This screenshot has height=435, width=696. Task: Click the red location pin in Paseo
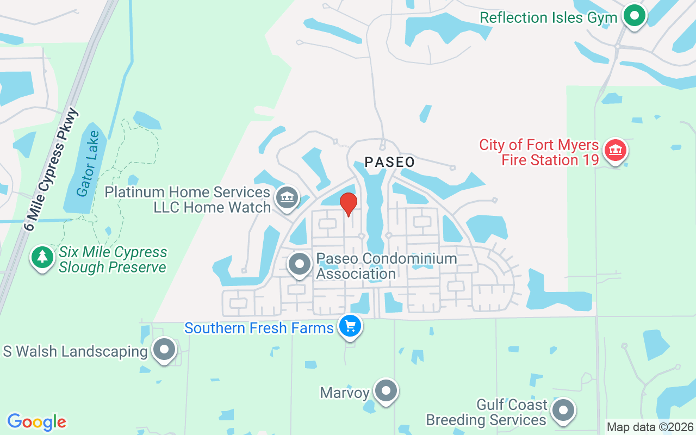point(349,204)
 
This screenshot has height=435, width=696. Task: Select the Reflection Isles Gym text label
point(548,17)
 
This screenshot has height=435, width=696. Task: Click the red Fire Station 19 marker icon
point(615,150)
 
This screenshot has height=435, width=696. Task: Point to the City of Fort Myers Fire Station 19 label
point(539,153)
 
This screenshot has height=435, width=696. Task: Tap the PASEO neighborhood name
point(390,162)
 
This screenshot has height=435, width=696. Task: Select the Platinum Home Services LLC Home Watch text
point(188,200)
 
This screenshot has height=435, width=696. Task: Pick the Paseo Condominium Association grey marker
point(299,264)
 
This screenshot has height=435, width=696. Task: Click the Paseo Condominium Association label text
point(386,266)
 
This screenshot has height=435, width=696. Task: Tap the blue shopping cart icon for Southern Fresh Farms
point(350,326)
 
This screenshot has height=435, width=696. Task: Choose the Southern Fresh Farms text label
point(259,328)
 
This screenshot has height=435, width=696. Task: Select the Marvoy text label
point(345,393)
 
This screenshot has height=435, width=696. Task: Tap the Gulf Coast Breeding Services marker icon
point(563,410)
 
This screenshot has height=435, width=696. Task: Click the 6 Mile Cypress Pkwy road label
point(51,169)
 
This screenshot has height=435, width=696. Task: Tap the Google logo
point(37,422)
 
